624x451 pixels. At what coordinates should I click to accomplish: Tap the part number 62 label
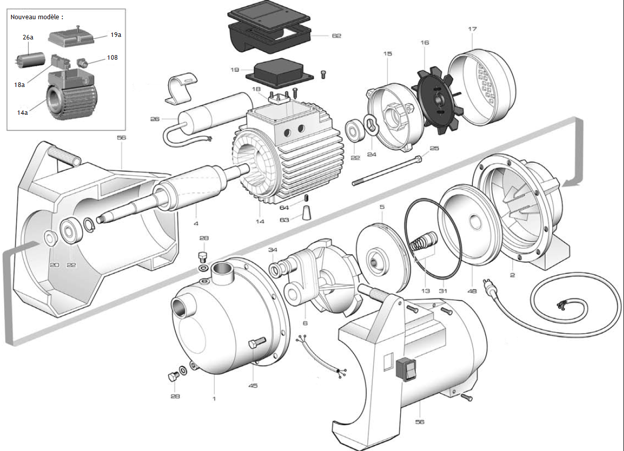[337, 36]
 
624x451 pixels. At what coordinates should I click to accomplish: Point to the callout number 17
[472, 29]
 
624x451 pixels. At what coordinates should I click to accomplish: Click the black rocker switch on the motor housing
[407, 370]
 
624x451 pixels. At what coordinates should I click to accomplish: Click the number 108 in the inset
[112, 58]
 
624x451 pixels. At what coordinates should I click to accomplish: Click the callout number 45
[253, 386]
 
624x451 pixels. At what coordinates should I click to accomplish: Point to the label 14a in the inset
[22, 113]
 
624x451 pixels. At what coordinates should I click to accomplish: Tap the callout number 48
[472, 291]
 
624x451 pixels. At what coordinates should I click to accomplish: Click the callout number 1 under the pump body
[214, 398]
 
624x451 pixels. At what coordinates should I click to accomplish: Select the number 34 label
[273, 250]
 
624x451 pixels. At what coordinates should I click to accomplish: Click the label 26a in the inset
[28, 37]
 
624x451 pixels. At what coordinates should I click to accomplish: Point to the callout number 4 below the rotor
[196, 222]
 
